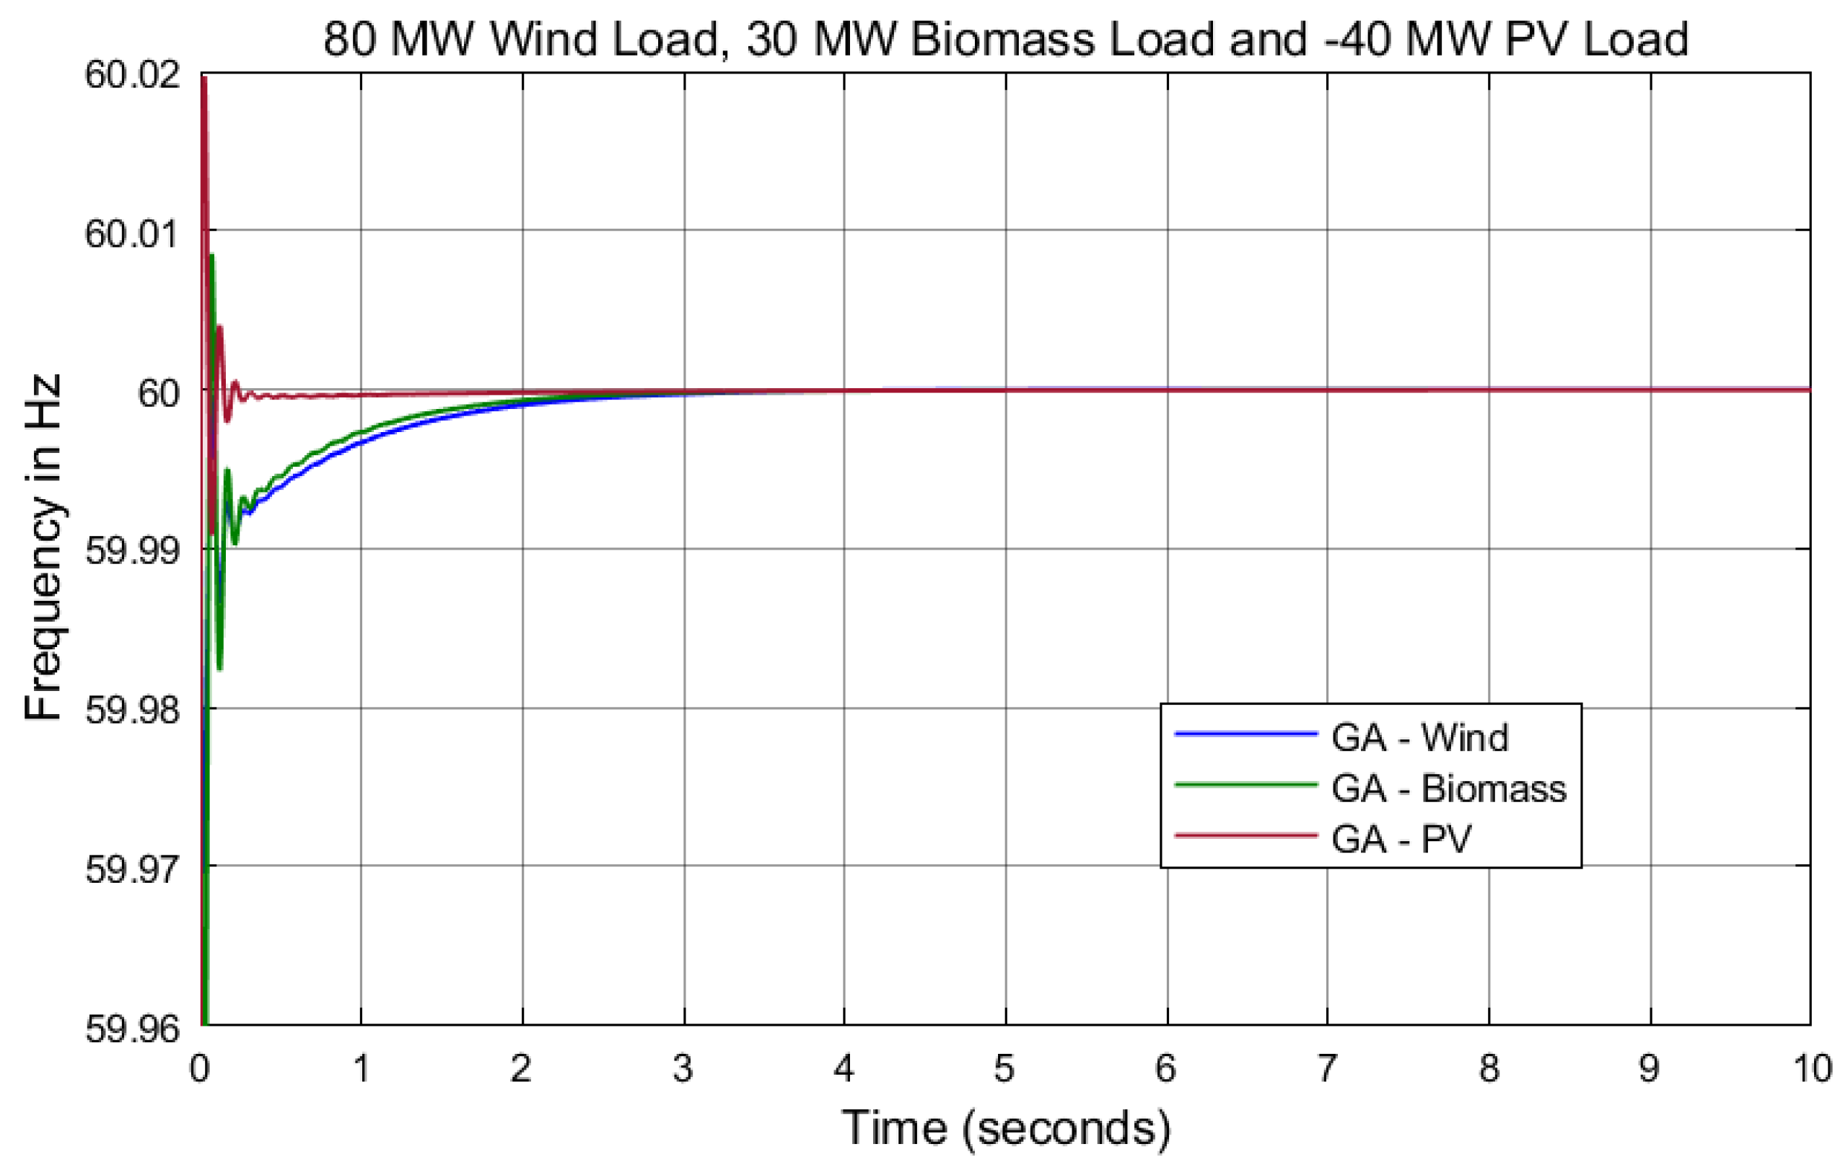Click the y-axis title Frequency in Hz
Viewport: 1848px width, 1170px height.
tap(42, 547)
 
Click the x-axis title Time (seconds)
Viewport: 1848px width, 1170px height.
tap(1005, 1128)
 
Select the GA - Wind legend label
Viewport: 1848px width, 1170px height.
tap(1420, 737)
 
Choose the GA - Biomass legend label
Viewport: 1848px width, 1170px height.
tap(1448, 788)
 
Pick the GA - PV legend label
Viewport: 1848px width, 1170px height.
tap(1401, 840)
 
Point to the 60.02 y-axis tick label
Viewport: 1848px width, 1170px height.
tap(132, 75)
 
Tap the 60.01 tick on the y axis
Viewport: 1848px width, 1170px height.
tap(132, 232)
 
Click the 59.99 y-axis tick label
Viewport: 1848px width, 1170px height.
tap(132, 550)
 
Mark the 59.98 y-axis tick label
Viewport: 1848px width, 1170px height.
tap(132, 710)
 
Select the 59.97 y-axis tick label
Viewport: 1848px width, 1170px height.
tap(132, 869)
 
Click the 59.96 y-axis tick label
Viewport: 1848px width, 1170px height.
tap(132, 1028)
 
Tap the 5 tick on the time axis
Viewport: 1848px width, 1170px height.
tap(1004, 1068)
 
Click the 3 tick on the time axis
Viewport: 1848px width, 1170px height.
tap(683, 1068)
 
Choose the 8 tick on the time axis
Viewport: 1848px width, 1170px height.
tap(1489, 1068)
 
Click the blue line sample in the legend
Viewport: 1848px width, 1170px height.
tap(1245, 734)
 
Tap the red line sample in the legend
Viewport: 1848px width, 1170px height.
tap(1245, 835)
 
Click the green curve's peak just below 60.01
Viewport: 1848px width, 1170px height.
tap(211, 256)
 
